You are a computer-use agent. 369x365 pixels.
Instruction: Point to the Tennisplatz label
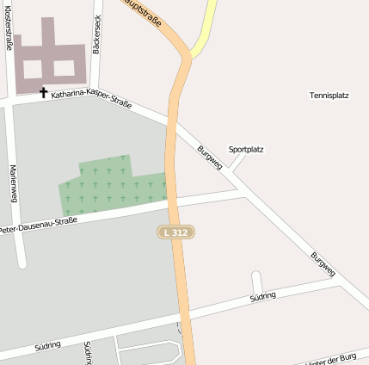click(x=329, y=96)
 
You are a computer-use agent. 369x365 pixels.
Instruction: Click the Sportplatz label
click(x=246, y=149)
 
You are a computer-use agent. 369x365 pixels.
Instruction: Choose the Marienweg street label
click(x=14, y=182)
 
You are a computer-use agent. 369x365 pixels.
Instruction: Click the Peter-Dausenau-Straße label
click(x=39, y=226)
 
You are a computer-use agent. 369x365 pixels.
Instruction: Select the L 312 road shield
click(x=175, y=232)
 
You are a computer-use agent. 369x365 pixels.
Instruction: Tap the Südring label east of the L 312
click(x=262, y=296)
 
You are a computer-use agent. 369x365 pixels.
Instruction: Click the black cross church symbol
click(x=43, y=92)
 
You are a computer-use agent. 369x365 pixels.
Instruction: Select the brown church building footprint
click(x=51, y=57)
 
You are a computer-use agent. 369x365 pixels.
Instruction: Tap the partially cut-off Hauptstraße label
click(x=151, y=11)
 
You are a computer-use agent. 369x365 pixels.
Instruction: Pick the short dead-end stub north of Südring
click(x=256, y=282)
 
